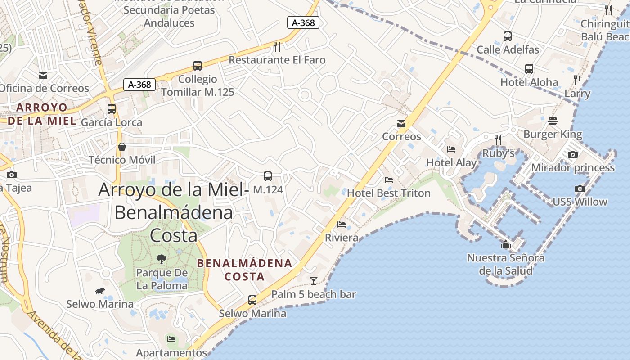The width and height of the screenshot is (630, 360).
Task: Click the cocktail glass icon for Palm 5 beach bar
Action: pyautogui.click(x=314, y=281)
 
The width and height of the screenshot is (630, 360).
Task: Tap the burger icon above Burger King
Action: pyautogui.click(x=553, y=121)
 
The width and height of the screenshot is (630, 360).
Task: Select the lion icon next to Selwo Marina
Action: pyautogui.click(x=100, y=291)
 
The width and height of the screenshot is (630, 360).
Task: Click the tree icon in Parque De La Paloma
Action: pyautogui.click(x=161, y=259)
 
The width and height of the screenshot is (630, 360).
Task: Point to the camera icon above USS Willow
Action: pyautogui.click(x=580, y=189)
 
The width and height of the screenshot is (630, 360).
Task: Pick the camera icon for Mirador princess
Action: pyautogui.click(x=572, y=154)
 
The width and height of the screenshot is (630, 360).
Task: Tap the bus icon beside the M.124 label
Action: pyautogui.click(x=268, y=176)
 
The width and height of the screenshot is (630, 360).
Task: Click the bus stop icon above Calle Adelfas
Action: pyautogui.click(x=508, y=36)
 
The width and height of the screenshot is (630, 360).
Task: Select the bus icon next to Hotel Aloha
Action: pyautogui.click(x=529, y=69)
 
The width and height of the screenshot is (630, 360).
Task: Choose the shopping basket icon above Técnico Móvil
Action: pyautogui.click(x=122, y=147)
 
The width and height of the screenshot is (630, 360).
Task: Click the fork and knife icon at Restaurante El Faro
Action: pyautogui.click(x=277, y=46)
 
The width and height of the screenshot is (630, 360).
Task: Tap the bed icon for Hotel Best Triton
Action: pyautogui.click(x=389, y=180)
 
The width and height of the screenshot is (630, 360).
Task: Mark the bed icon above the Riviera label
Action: pyautogui.click(x=342, y=224)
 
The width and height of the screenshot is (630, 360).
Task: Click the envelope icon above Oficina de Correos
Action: pyautogui.click(x=43, y=75)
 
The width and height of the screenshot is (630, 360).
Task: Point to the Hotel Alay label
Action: pyautogui.click(x=451, y=162)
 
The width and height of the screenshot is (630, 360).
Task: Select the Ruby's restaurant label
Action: pyautogui.click(x=498, y=153)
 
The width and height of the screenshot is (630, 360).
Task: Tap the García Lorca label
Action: pyautogui.click(x=112, y=122)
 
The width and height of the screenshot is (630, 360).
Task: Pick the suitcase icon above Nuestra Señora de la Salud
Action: pyautogui.click(x=506, y=245)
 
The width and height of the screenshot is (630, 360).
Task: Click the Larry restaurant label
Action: pyautogui.click(x=577, y=94)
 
